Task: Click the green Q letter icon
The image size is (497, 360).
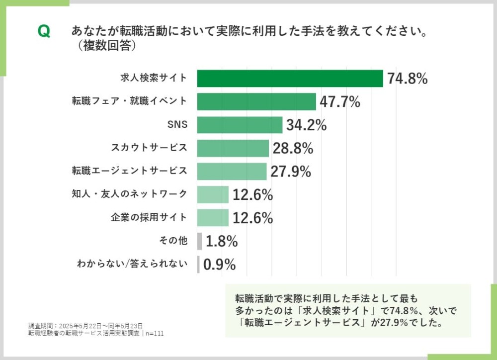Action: [44, 32]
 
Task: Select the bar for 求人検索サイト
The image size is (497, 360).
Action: [290, 78]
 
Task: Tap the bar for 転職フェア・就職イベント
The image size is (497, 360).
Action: [256, 101]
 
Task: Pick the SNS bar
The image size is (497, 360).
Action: [240, 125]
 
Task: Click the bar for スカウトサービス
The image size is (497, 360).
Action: [233, 148]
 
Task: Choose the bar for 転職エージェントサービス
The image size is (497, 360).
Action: [232, 172]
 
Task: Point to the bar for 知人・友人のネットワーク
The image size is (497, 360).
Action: [213, 194]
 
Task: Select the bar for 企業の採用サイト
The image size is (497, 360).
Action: [213, 218]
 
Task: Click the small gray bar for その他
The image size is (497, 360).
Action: [199, 241]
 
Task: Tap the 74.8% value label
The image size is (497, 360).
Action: [408, 79]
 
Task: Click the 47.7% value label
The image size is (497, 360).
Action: [339, 102]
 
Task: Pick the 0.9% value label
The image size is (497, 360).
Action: [219, 265]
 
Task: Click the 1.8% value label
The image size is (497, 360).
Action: [222, 242]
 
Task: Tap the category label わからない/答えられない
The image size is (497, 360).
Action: [132, 264]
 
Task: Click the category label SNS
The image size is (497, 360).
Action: [178, 125]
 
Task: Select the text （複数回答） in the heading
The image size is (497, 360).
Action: [104, 46]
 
